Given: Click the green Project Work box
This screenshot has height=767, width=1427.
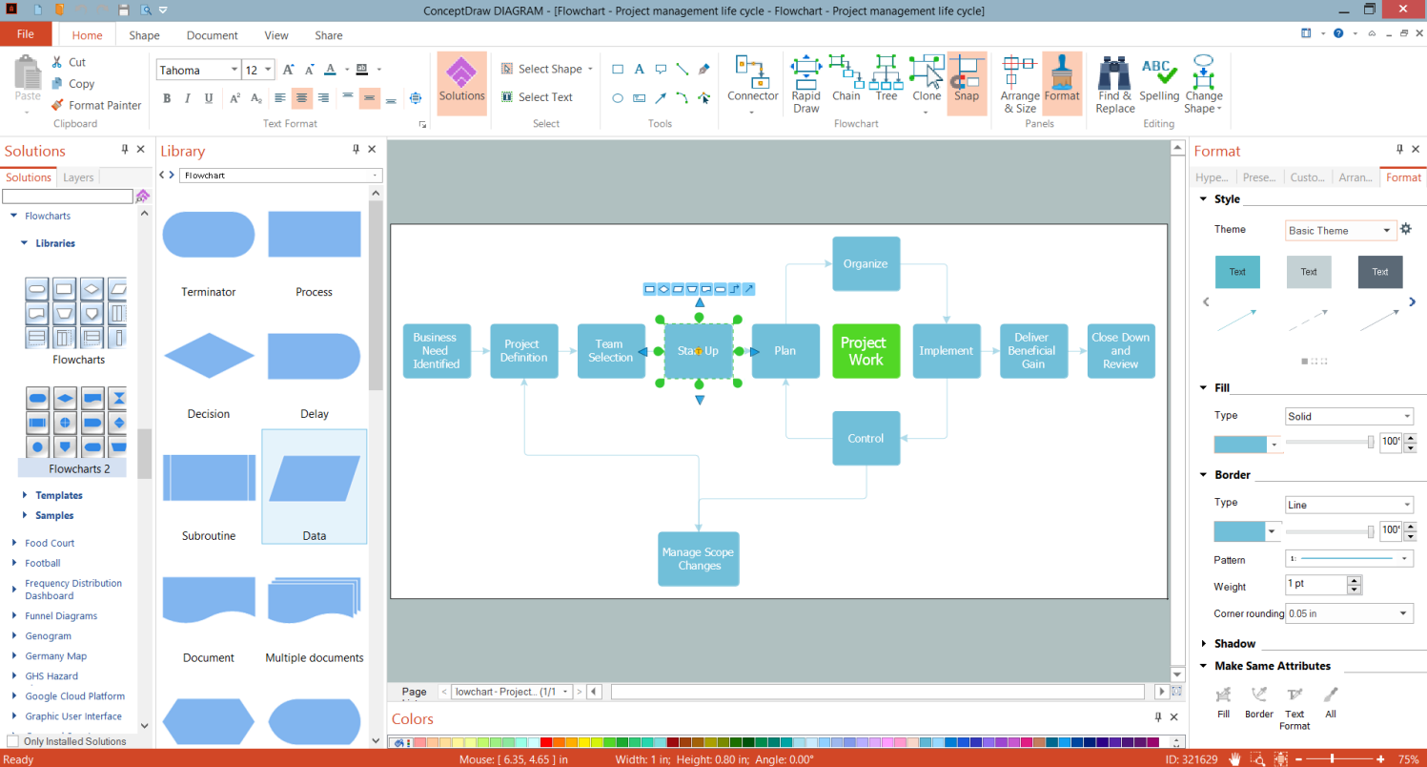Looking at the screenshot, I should tap(866, 351).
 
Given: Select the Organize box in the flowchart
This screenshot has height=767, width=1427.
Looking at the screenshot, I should tap(866, 263).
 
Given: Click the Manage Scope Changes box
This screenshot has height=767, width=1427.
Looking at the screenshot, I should tap(699, 559).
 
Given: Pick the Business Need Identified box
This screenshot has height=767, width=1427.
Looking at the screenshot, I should tap(437, 351).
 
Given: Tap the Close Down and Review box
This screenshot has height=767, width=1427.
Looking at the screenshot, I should tap(1121, 351).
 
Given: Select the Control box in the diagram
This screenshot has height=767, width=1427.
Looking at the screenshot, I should tap(866, 439).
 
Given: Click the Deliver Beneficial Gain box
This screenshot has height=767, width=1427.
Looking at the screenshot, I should tap(1032, 351).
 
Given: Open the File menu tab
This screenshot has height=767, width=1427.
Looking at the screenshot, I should tap(26, 34).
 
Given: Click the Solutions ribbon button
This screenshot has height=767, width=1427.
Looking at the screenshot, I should tap(462, 82).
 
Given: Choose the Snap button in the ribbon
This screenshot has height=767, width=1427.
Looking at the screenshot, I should tap(967, 82).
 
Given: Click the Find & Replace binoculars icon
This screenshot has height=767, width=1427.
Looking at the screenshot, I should tap(1114, 74).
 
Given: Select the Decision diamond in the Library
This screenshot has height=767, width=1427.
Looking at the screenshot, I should tap(209, 357).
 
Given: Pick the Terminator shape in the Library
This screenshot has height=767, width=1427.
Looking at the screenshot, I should tap(209, 235).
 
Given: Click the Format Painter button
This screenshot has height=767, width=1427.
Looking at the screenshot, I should tap(96, 105).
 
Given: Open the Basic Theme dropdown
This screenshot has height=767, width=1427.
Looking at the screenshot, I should tap(1340, 230).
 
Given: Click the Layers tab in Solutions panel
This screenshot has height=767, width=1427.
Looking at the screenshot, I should tap(78, 177).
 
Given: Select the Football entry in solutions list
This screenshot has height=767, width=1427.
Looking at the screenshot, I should tap(43, 563).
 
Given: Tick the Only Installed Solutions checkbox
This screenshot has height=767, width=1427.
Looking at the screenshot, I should tap(12, 741).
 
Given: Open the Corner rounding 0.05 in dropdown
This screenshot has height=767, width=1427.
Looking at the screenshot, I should tap(1348, 613).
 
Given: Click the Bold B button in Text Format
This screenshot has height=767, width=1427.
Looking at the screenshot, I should tap(167, 98).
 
